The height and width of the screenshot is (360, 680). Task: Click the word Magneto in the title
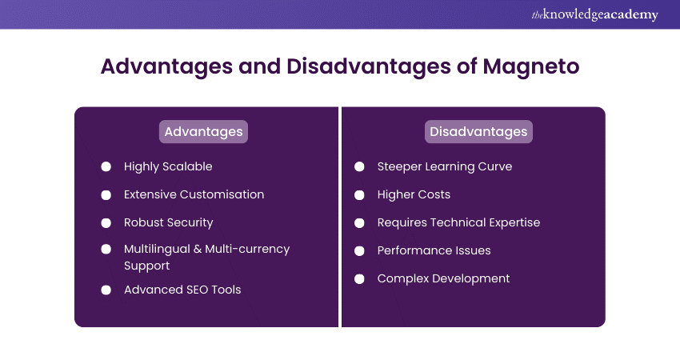[x=530, y=66]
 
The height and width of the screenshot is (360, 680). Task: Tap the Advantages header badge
[x=203, y=131]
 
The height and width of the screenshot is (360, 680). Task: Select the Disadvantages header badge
[x=478, y=131]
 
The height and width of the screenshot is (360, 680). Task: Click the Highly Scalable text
[x=168, y=166]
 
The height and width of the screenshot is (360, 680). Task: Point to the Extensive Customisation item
[x=194, y=194]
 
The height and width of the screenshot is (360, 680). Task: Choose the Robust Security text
[x=168, y=222]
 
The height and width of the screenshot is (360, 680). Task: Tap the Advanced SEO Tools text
[x=182, y=290]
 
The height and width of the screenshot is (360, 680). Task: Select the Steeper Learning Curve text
[x=444, y=166]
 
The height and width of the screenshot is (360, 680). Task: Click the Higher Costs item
[x=414, y=194]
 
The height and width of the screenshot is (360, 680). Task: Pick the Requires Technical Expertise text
[x=458, y=222]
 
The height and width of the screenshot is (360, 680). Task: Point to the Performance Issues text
[x=434, y=250]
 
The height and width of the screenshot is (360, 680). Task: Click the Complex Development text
[x=443, y=278]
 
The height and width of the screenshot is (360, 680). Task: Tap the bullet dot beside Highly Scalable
[x=106, y=166]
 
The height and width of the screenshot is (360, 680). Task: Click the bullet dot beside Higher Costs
[x=359, y=194]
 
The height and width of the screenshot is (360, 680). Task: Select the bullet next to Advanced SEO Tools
[x=106, y=290]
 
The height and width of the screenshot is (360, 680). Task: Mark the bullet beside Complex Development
[x=359, y=278]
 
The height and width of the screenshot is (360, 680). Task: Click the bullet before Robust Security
[x=106, y=222]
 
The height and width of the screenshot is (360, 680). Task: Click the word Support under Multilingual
[x=147, y=265]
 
